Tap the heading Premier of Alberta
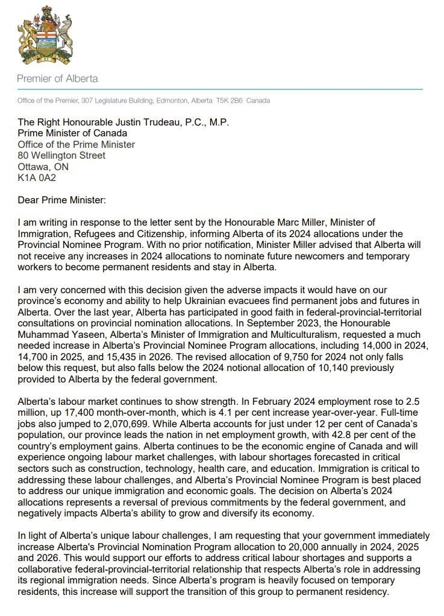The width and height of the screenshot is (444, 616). pos(57,78)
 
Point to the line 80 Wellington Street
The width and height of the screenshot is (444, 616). pos(61,156)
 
